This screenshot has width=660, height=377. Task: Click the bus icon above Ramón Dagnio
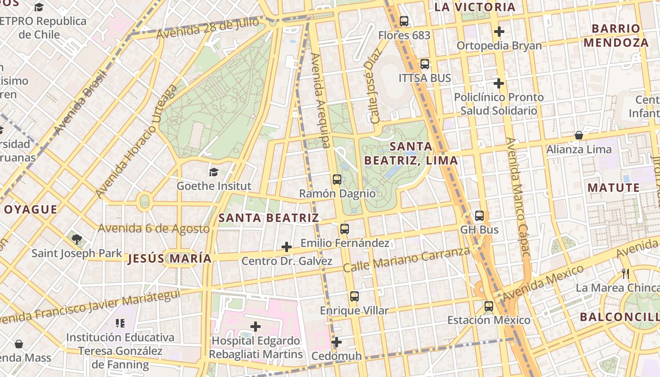point(337,179)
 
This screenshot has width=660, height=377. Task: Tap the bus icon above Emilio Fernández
point(345,229)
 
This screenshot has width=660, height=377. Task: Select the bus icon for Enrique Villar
point(355,296)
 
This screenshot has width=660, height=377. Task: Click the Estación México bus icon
point(489,306)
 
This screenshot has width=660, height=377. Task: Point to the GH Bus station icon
point(479,216)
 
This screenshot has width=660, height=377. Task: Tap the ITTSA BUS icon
point(425,64)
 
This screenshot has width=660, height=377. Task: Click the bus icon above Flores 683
point(404,21)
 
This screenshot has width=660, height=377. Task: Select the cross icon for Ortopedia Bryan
point(499,32)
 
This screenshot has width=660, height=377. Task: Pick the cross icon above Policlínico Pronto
point(499,83)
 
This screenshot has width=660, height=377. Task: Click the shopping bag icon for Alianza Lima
point(578,135)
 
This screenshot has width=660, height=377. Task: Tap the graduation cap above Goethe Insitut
point(214,172)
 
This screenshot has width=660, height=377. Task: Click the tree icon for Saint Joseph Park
point(76,239)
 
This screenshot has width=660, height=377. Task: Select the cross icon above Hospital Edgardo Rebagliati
point(256,326)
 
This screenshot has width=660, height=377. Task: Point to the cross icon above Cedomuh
point(336,342)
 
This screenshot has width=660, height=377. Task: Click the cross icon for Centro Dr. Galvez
point(286,247)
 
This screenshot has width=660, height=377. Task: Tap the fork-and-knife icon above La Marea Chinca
point(626,273)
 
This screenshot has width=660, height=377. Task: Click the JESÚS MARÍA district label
point(169,259)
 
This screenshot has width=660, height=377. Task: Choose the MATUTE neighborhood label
point(613,188)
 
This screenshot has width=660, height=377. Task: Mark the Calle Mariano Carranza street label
point(406,260)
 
